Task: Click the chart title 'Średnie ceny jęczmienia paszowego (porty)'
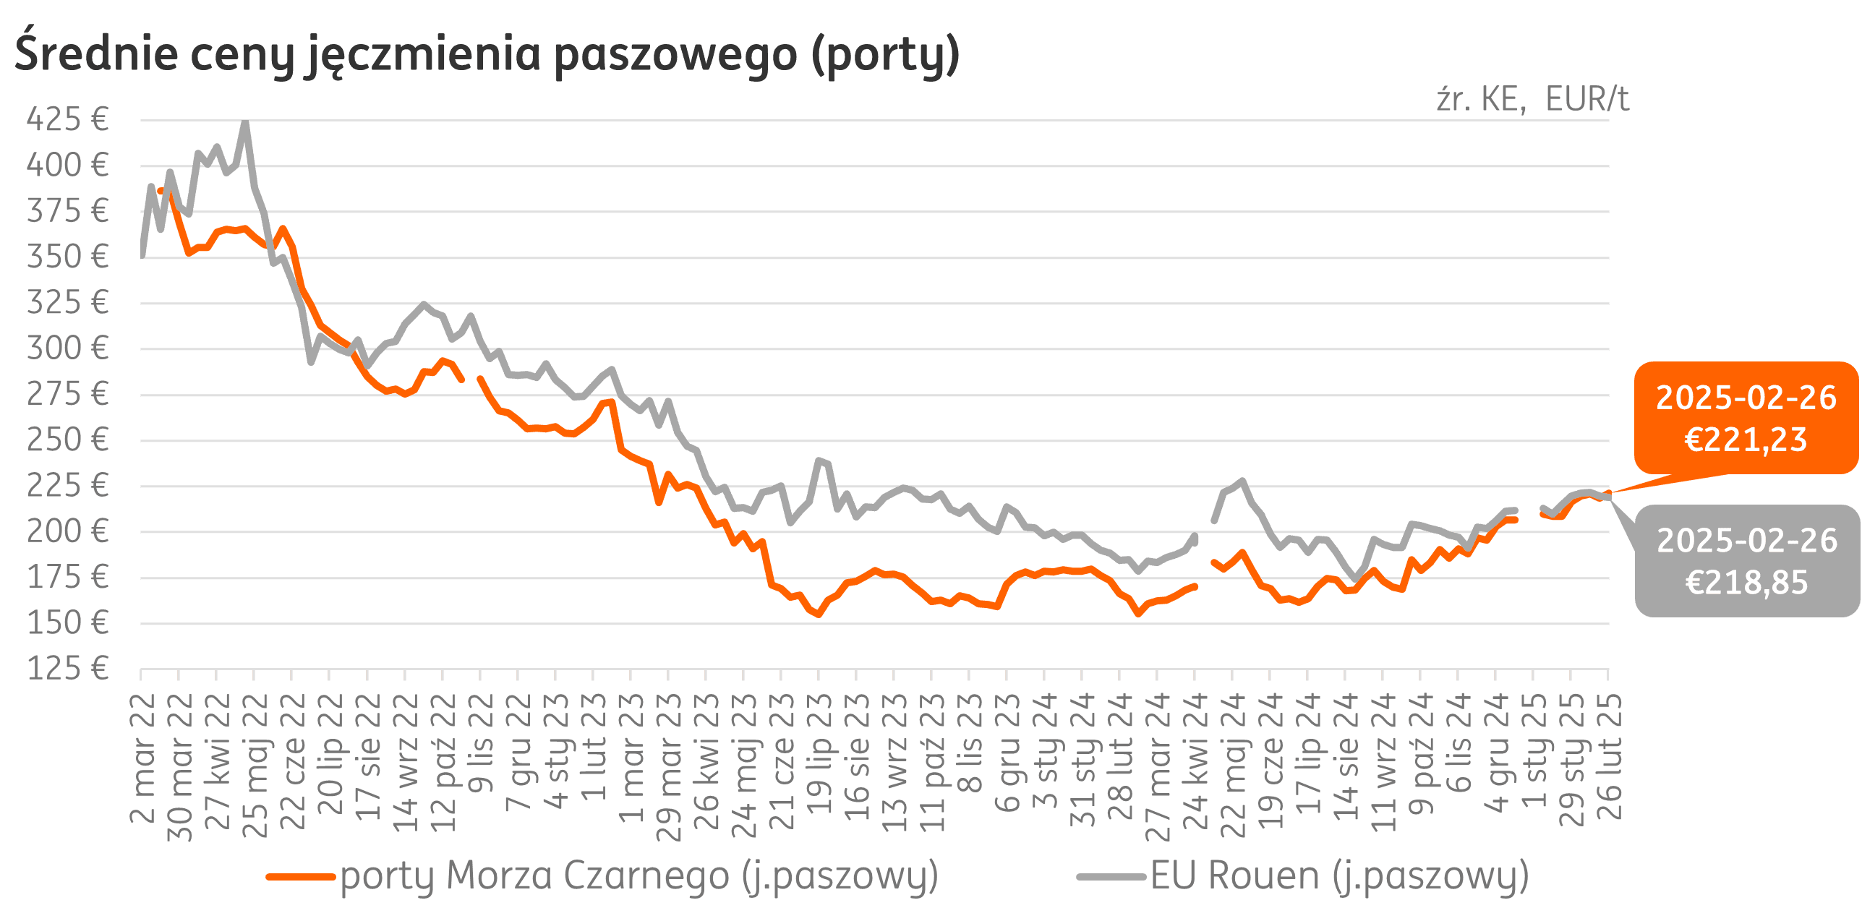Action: click(x=487, y=54)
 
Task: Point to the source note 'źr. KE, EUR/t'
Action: click(x=1532, y=100)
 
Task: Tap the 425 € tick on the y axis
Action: click(x=67, y=119)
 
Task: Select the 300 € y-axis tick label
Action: click(x=67, y=348)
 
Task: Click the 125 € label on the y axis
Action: click(x=67, y=669)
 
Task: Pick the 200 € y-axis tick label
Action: click(x=67, y=531)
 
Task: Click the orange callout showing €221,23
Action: click(x=1746, y=419)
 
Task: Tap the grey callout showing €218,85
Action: click(x=1746, y=561)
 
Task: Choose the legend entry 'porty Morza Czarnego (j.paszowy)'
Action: click(x=639, y=876)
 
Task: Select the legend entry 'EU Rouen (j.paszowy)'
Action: click(x=1339, y=876)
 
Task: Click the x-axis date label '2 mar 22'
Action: click(x=142, y=759)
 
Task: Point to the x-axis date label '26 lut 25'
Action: click(x=1610, y=758)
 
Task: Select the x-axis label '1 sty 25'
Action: click(x=1534, y=752)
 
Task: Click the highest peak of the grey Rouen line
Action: click(x=246, y=123)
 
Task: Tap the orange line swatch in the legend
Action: click(x=301, y=876)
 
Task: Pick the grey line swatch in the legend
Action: click(x=1111, y=876)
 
